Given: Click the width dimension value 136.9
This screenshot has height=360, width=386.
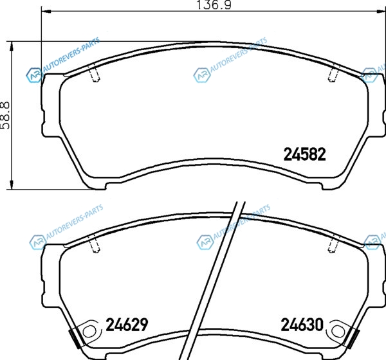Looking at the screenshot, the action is (x=214, y=5).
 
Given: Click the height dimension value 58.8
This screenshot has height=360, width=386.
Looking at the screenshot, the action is (x=5, y=115).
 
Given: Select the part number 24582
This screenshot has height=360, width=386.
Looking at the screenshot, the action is (x=305, y=154).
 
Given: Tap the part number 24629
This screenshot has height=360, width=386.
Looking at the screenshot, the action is (x=127, y=324).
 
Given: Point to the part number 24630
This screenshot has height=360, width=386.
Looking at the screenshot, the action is (x=302, y=325).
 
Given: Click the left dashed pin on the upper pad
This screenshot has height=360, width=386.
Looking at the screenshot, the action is (x=95, y=73).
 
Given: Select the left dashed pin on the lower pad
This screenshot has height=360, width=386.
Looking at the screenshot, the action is (x=95, y=244).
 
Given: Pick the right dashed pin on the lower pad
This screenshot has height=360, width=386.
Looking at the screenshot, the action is (x=333, y=244).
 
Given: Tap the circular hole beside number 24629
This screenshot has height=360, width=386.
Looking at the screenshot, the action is (x=89, y=332).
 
